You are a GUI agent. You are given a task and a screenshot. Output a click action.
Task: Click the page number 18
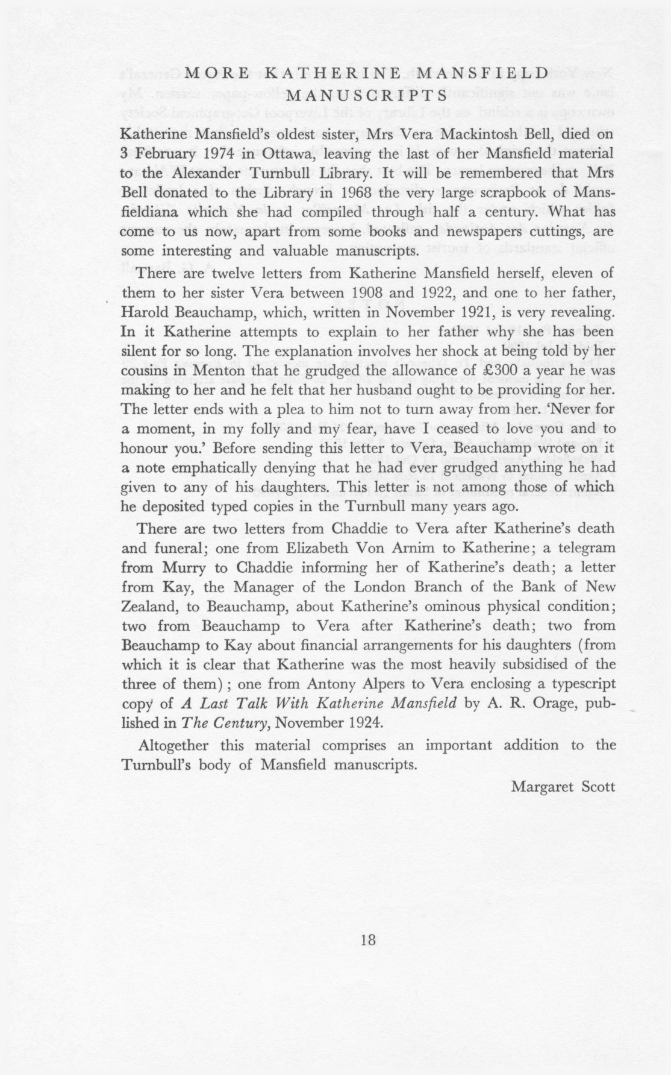coord(368,939)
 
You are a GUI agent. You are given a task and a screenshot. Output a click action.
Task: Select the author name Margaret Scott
coord(563,786)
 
